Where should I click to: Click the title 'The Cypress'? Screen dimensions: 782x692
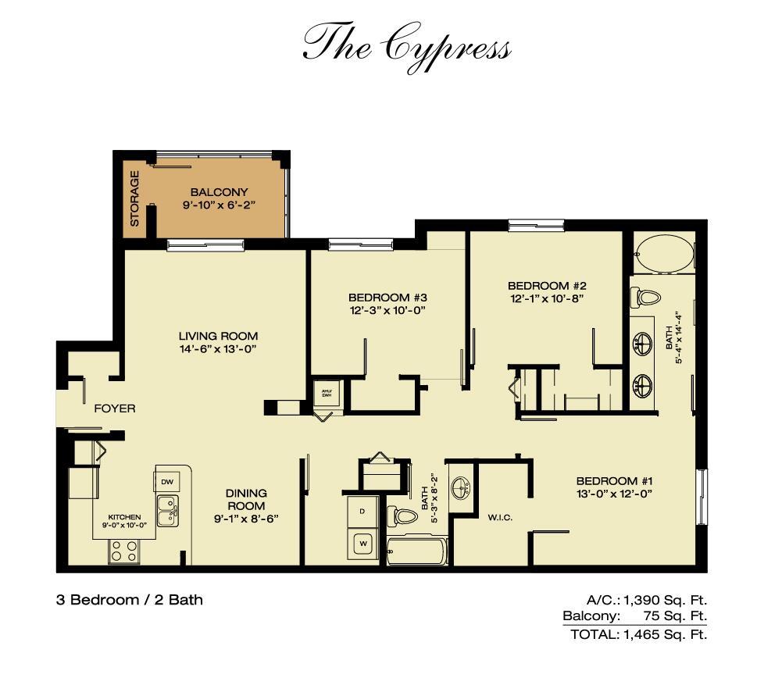click(x=407, y=48)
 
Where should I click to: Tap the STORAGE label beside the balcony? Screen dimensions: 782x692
click(x=134, y=198)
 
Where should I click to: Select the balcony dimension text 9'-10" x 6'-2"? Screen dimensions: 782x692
click(x=219, y=205)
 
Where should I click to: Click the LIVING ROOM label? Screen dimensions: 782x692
click(x=219, y=336)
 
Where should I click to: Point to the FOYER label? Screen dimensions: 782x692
click(x=115, y=408)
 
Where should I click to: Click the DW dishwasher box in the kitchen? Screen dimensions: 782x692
click(x=167, y=482)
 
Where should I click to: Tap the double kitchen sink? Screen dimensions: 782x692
click(x=167, y=511)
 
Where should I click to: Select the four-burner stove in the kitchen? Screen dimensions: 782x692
click(x=124, y=551)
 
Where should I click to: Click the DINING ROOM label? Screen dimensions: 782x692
click(x=246, y=500)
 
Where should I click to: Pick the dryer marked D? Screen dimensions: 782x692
click(x=362, y=512)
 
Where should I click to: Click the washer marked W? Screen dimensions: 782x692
click(x=363, y=544)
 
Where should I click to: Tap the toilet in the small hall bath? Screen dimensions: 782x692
click(x=402, y=515)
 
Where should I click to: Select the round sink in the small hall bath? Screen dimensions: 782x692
click(x=460, y=487)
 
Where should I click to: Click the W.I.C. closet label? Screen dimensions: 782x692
click(x=500, y=518)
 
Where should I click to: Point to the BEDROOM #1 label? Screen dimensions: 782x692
click(x=614, y=481)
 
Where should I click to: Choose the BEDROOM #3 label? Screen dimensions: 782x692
click(x=387, y=298)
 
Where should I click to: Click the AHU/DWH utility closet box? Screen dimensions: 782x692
click(x=327, y=394)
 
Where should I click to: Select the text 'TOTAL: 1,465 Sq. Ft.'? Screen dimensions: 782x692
click(x=639, y=635)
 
